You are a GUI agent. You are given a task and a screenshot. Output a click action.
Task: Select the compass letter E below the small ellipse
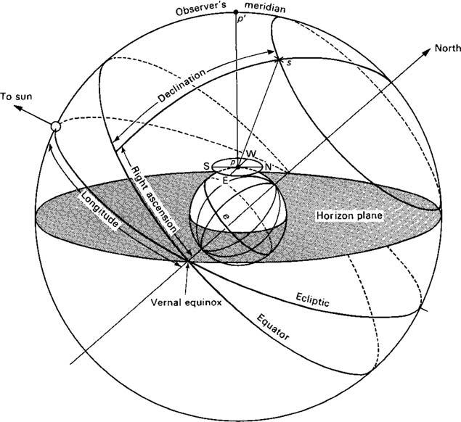pyautogui.click(x=226, y=179)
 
